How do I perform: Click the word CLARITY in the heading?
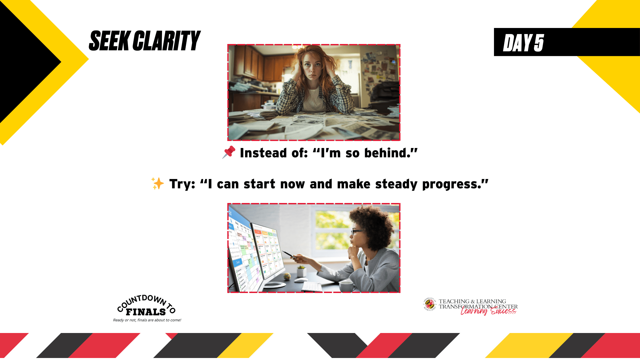(166, 41)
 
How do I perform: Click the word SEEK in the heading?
(110, 41)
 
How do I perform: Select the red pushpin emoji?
(229, 152)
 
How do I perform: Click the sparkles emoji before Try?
(157, 183)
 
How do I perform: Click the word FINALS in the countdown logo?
(146, 312)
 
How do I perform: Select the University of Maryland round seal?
(430, 304)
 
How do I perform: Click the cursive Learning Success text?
(488, 311)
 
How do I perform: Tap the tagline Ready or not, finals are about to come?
(147, 320)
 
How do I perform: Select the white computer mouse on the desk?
(301, 280)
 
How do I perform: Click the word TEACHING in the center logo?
(454, 301)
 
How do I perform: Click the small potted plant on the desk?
(301, 271)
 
